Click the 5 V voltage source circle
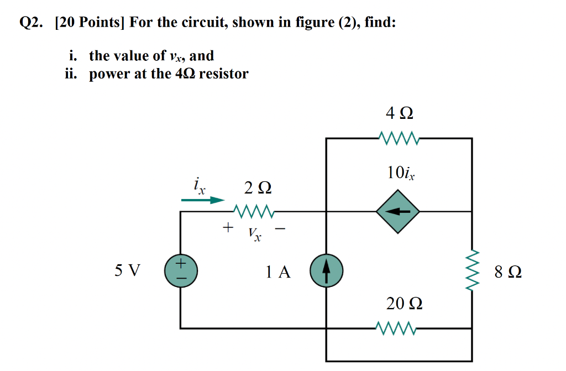click(x=180, y=272)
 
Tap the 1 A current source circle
click(x=326, y=272)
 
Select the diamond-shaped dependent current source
click(x=398, y=211)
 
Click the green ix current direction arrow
click(x=203, y=201)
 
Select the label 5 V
click(x=128, y=271)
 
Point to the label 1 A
click(x=277, y=272)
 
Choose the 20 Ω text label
click(x=405, y=304)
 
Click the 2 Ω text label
click(x=258, y=189)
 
